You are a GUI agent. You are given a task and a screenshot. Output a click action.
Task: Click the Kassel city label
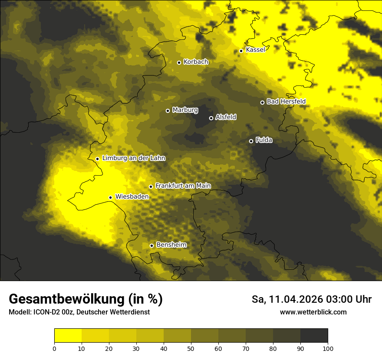255,50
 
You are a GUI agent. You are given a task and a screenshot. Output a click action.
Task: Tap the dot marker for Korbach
179,62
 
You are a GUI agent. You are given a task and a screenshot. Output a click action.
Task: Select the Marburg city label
185,110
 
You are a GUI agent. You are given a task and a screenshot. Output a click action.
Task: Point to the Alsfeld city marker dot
211,118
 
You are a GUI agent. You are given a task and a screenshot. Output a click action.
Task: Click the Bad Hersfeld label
286,101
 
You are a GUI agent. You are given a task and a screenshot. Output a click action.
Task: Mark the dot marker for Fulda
251,141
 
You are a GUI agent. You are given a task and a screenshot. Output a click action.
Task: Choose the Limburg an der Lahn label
134,158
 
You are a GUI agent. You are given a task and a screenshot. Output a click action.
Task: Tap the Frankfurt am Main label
183,186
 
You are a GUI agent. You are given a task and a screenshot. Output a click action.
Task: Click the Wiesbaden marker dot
111,197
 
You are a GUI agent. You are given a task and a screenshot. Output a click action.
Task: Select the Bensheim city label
171,245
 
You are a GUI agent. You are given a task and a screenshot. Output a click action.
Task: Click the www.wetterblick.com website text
313,312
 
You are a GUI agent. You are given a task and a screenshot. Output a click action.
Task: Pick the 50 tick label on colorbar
191,348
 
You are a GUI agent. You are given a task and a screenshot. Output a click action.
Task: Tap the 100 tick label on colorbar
328,348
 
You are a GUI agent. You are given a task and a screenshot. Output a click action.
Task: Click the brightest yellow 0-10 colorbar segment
68,336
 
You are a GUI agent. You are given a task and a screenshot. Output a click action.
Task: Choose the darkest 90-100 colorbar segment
314,336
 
